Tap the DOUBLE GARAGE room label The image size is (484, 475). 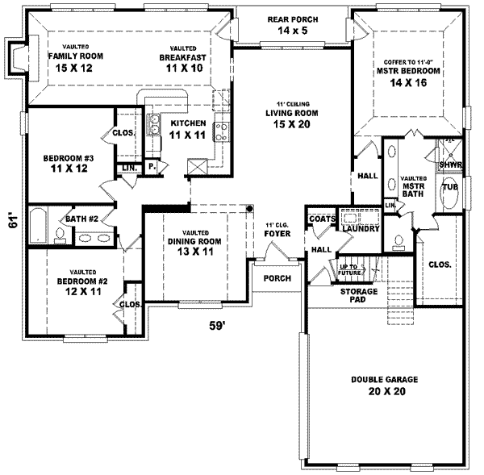pos(378,380)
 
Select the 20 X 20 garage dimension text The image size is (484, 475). pos(378,392)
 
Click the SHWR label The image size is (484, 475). pos(449,165)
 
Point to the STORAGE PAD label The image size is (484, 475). pos(353,295)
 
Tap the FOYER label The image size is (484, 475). pos(276,235)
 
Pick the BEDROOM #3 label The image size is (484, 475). pos(69,159)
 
